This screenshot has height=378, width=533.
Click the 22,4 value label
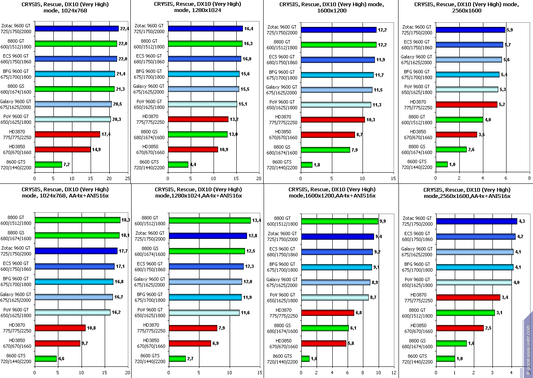tap(125, 29)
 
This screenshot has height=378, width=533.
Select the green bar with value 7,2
tap(48, 164)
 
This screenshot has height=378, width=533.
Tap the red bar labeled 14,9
tap(62, 149)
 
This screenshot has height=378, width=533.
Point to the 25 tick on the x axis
tap(127, 178)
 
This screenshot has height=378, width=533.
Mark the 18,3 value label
tap(126, 220)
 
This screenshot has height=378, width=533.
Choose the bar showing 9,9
tap(340, 221)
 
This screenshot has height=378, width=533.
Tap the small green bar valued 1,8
tap(307, 165)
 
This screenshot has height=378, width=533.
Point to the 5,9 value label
tap(511, 30)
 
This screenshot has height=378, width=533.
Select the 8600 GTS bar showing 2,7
tap(178, 359)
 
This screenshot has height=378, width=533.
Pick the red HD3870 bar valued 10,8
tap(60, 328)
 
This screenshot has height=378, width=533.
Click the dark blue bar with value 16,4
tap(205, 29)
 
